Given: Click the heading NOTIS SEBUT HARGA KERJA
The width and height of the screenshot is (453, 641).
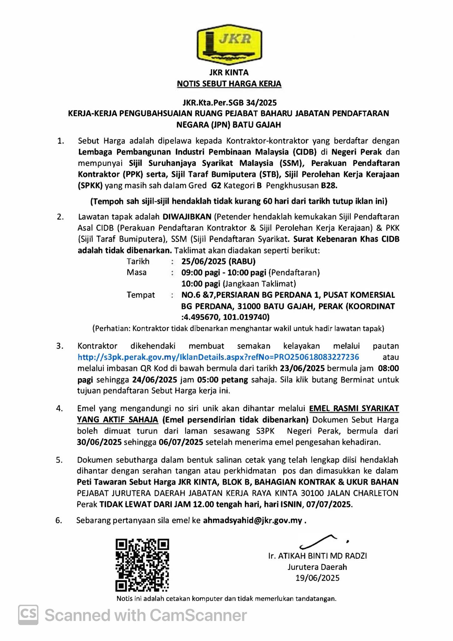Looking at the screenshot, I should (x=229, y=84).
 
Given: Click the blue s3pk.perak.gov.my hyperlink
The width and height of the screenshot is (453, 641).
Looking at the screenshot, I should (x=218, y=357).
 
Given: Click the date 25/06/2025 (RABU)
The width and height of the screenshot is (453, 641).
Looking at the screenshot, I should (x=218, y=261).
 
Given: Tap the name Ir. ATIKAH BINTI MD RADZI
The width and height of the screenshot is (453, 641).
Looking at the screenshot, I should (x=317, y=556).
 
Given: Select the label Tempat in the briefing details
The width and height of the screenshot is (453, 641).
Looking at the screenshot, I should (x=140, y=295).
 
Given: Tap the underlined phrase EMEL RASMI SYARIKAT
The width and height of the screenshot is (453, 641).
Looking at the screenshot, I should (x=354, y=408).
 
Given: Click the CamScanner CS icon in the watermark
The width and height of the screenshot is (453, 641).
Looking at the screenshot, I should (x=28, y=615).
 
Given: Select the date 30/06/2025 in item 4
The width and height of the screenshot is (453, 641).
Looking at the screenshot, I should (x=99, y=442).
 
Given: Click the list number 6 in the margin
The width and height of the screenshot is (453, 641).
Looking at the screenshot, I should (x=59, y=520).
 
